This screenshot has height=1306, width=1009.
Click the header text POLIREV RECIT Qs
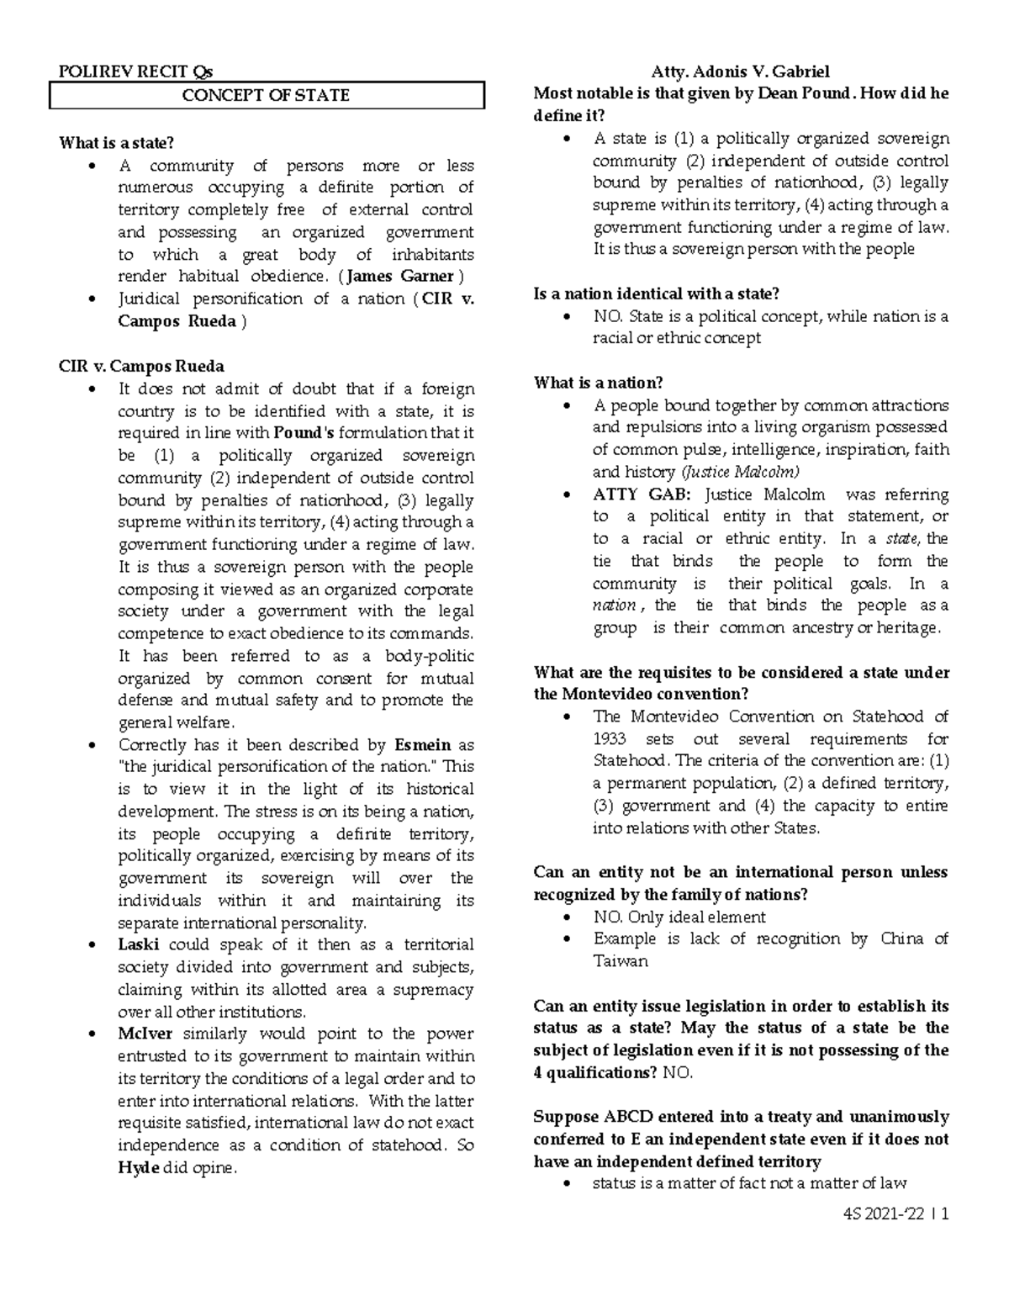point(135,71)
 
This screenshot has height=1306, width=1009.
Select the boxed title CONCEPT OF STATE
point(266,95)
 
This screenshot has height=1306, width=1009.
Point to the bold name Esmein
point(423,745)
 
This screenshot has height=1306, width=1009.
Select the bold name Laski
point(138,944)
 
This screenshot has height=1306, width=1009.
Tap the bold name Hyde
point(139,1168)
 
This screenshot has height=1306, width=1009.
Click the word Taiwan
point(621,961)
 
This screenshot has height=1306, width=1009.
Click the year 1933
point(610,739)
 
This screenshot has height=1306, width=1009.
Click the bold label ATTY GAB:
point(641,494)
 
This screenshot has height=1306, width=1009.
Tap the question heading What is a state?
point(116,143)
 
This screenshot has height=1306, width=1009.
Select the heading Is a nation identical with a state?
point(657,293)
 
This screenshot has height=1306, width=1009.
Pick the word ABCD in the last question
point(627,1118)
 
